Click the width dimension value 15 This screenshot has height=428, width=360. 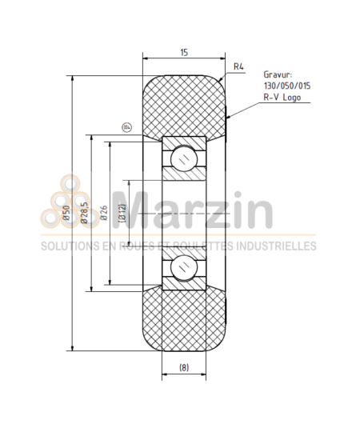tap(184, 52)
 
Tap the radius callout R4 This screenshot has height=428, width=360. tap(239, 66)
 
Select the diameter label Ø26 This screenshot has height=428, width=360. tap(102, 213)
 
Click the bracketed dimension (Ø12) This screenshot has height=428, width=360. tap(121, 213)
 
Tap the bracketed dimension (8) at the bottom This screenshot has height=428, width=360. tap(183, 368)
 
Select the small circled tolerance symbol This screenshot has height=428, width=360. tap(126, 126)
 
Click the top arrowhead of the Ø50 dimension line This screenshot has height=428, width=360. tap(73, 78)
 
